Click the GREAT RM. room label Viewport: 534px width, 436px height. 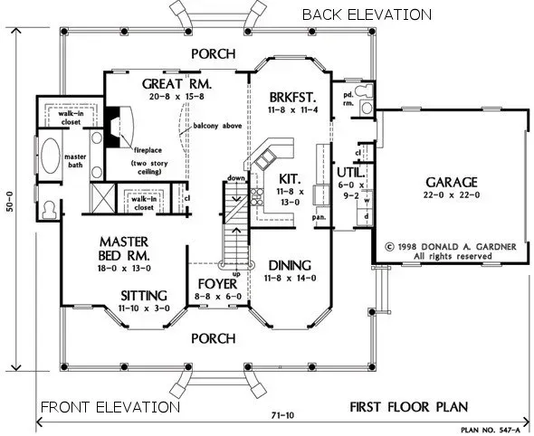pos(176,83)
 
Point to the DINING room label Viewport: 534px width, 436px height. pos(290,265)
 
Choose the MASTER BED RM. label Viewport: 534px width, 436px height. pos(124,249)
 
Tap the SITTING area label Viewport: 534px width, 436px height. pos(143,295)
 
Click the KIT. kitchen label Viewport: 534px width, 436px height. pos(290,179)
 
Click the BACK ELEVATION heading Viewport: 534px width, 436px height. pos(366,14)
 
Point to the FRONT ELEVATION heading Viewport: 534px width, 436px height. pos(110,406)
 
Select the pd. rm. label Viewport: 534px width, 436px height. pos(346,99)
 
